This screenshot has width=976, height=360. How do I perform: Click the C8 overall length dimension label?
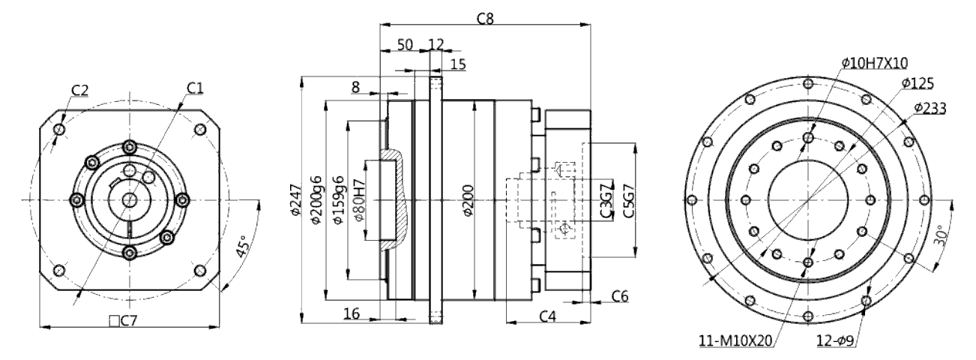485,19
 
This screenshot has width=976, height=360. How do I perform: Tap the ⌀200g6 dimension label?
316,199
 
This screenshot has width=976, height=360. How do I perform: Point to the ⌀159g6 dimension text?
338,199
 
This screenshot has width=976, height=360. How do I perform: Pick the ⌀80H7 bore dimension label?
360,199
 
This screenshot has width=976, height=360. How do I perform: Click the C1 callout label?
195,88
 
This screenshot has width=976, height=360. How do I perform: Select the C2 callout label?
79,90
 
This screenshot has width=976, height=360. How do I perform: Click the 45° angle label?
242,247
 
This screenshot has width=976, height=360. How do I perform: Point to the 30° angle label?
942,235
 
